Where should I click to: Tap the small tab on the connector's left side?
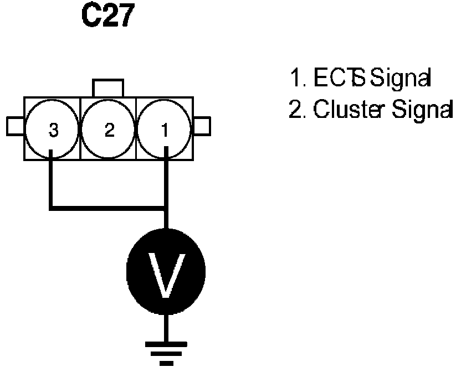tap(15, 126)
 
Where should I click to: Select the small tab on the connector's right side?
tap(202, 126)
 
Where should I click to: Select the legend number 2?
tap(295, 111)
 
